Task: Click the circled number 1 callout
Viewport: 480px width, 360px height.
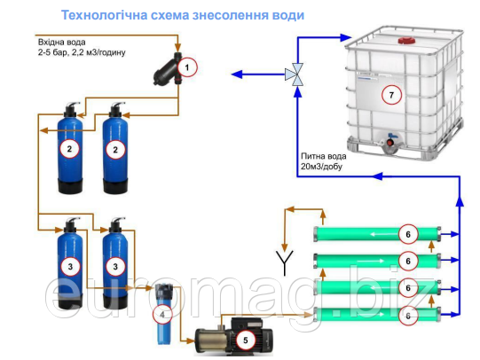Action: (x=187, y=67)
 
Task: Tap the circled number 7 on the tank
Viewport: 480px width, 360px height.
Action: (x=391, y=95)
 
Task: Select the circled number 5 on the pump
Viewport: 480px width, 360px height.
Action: (x=245, y=340)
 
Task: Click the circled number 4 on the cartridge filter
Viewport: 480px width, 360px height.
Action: (x=162, y=314)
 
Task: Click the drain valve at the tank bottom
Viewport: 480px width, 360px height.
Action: (x=390, y=141)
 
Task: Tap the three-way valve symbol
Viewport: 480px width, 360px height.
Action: (x=295, y=74)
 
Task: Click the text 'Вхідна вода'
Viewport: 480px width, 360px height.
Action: (x=61, y=42)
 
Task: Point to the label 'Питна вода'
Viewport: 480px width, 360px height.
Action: (x=324, y=156)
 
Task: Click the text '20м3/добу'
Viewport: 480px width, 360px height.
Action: (x=321, y=167)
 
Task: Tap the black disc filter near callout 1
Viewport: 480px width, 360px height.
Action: (x=168, y=69)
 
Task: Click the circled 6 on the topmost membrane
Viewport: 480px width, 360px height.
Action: (x=408, y=234)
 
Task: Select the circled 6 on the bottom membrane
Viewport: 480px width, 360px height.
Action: (x=408, y=316)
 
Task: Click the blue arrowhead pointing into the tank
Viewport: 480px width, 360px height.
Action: (x=346, y=37)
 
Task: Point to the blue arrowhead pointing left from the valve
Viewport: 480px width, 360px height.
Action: (x=237, y=74)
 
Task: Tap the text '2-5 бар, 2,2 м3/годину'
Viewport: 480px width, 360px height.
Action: (x=82, y=52)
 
